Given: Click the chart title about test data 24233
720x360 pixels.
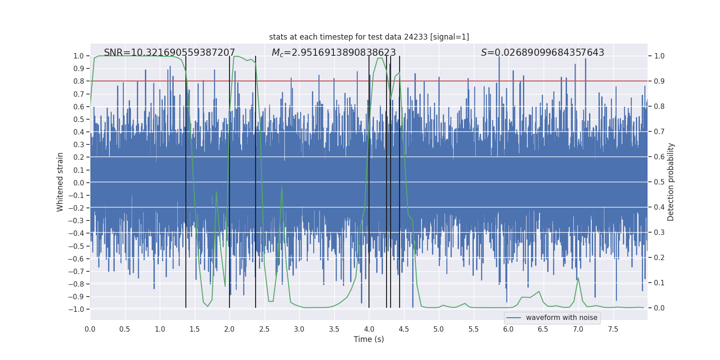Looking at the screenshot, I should coord(369,37).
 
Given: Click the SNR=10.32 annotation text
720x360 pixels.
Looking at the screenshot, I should coord(169,53).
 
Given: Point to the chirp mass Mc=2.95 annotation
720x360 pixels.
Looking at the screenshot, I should coord(333,53).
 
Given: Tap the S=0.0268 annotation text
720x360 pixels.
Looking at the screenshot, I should coord(542,53).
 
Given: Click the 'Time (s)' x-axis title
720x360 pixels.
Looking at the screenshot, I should coord(369,339).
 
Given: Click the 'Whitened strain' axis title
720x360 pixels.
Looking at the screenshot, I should coord(60,182).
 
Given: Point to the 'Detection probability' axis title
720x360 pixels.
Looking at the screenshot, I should coord(671,182).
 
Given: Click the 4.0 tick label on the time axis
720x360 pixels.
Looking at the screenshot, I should coord(369,329).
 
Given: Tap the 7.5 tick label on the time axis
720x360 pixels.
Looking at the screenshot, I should coord(613,329).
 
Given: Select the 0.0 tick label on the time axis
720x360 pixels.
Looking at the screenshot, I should coord(90,329).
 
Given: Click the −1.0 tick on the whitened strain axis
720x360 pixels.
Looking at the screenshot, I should coord(76,309).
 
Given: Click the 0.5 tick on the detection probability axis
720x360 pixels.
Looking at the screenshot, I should coord(659,182).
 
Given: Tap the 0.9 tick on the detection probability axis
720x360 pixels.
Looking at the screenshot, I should coord(659,81).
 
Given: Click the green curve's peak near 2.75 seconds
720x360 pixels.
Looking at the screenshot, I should coord(282,188).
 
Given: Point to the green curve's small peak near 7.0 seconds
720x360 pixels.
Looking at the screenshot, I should coord(578,278).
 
